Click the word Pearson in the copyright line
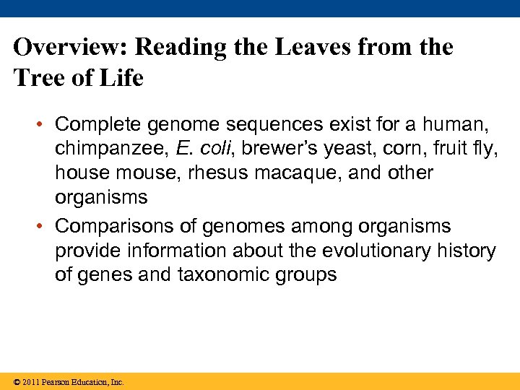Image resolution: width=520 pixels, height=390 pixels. coord(56,382)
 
